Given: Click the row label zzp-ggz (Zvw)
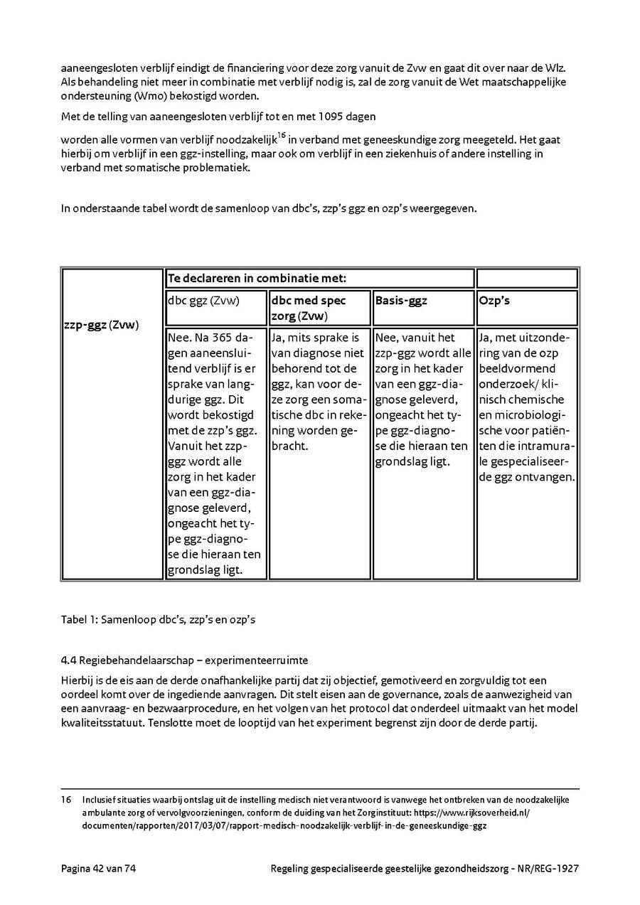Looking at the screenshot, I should point(100,325).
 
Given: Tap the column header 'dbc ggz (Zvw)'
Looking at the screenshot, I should point(204,301).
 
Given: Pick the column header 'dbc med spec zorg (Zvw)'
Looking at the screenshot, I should point(309,308).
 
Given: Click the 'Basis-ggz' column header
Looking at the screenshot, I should point(401,301).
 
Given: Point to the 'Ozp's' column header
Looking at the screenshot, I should point(495,301).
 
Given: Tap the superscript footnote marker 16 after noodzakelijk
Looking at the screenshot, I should point(282,135).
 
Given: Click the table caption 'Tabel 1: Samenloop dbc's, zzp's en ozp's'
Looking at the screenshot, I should point(158,619).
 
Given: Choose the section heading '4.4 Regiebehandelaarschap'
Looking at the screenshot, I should point(185,660).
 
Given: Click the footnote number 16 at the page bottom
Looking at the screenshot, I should point(66,799).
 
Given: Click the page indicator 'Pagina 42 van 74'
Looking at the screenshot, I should point(97,868).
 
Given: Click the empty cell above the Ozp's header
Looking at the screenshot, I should point(526,278).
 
